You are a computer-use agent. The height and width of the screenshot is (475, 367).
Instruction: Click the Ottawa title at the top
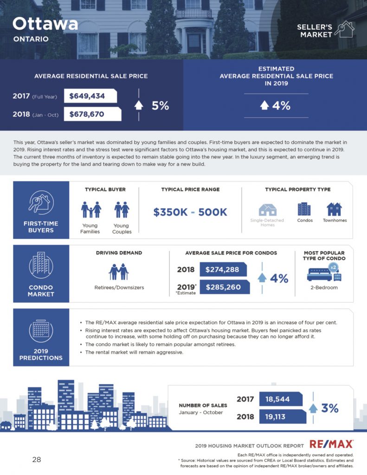tap(45, 24)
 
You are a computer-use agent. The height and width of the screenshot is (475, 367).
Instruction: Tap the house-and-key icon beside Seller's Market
tap(345, 29)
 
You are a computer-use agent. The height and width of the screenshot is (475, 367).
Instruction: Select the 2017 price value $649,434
tap(87, 96)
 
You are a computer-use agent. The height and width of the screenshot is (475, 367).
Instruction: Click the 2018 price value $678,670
tap(87, 114)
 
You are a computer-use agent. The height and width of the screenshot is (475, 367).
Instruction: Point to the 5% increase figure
tap(161, 105)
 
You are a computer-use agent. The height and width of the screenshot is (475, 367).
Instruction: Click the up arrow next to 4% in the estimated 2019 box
tap(264, 105)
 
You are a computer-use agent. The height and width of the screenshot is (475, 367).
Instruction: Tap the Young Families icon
tap(91, 210)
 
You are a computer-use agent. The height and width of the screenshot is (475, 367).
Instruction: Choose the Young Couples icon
tap(122, 210)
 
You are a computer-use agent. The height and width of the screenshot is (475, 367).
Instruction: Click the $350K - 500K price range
tap(190, 212)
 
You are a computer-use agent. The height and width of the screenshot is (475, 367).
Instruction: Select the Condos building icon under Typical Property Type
tap(304, 209)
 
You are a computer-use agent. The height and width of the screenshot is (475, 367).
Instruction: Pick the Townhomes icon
tap(334, 209)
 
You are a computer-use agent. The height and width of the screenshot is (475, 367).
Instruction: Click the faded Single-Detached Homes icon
tap(268, 210)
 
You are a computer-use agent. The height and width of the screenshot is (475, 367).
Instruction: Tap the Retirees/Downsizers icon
tap(119, 272)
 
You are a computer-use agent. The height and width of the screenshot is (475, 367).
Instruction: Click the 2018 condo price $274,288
tap(222, 270)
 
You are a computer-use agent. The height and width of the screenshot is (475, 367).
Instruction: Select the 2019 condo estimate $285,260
tap(223, 287)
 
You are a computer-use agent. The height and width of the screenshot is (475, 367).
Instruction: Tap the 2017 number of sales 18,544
tap(277, 399)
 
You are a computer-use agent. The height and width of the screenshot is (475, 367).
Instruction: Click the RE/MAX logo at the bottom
tap(331, 444)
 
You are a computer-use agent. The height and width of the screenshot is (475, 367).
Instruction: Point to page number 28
tap(37, 460)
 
